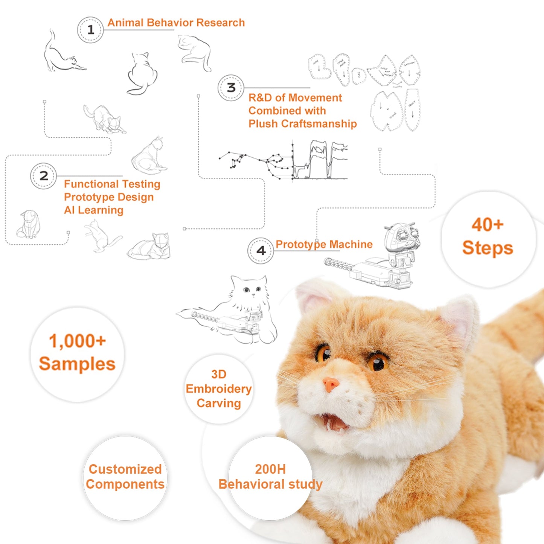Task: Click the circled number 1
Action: (90, 30)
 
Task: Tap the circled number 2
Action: (44, 176)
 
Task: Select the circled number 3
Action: (231, 88)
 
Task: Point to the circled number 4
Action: (261, 251)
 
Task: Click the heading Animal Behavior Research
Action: (176, 23)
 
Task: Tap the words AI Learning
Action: (93, 210)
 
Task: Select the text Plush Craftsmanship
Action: (302, 124)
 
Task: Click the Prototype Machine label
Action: (324, 244)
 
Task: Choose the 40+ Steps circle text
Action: (488, 236)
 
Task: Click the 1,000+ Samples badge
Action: (77, 353)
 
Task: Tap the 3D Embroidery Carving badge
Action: (219, 389)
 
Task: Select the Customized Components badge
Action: (125, 477)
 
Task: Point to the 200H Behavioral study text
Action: (270, 477)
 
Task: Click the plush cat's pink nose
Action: (331, 384)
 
